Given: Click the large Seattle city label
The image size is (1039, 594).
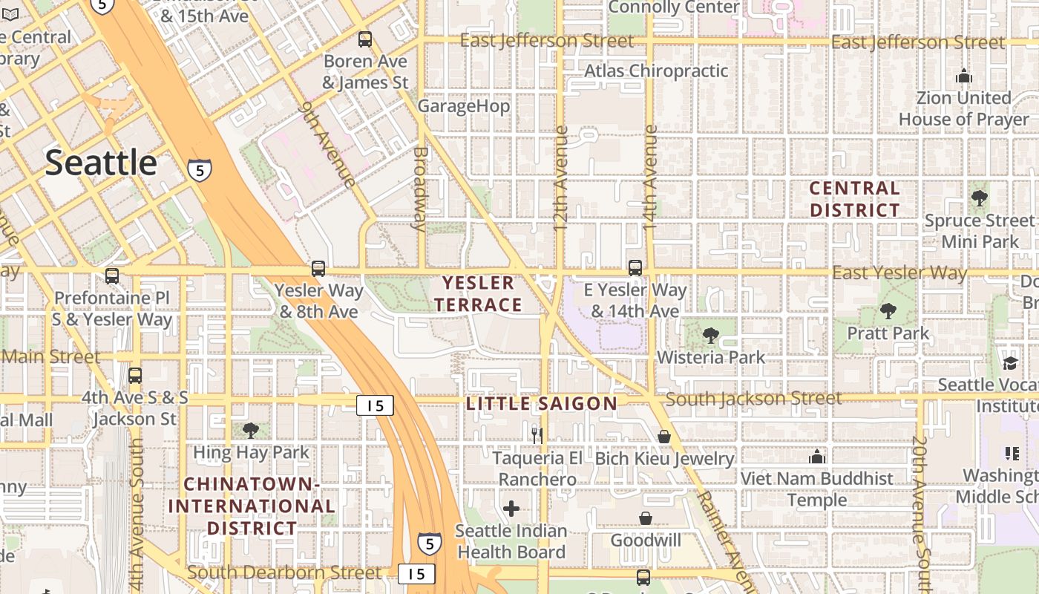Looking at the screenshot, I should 101,163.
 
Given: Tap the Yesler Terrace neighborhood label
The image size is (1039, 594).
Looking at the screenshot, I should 478,294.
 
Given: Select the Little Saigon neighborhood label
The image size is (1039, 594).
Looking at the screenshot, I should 542,404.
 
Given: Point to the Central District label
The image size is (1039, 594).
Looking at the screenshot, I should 854,200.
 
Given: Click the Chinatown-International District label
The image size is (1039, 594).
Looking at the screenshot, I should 252,506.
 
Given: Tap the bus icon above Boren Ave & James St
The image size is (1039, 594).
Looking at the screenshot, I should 364,39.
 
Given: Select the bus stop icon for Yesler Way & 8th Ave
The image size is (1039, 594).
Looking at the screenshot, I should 318,268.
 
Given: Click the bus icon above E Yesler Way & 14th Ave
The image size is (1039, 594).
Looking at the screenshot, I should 635,267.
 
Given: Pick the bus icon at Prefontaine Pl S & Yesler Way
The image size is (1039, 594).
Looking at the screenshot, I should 112,275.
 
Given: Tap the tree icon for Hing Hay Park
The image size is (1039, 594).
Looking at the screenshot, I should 251,430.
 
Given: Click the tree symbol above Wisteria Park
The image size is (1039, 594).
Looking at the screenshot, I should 710,335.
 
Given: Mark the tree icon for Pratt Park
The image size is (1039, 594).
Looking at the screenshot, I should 888,311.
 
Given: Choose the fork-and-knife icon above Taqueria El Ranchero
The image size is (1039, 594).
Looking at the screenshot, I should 537,435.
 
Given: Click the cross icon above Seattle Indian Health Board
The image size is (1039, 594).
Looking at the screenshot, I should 511,509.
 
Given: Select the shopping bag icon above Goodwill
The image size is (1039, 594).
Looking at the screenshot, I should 646,518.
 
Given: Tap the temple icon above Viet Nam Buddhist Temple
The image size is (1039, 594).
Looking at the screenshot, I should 817,456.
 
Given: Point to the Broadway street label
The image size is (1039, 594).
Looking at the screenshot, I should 420,189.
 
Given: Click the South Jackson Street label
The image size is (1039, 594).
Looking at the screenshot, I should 753,399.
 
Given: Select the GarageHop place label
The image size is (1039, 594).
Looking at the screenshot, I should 464,106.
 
